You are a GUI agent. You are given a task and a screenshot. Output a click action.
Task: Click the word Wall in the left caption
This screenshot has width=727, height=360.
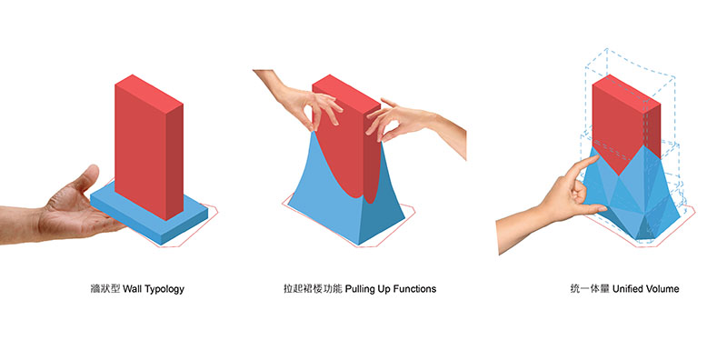pyautogui.click(x=132, y=289)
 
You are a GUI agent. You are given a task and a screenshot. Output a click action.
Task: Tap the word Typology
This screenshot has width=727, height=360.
pyautogui.click(x=164, y=289)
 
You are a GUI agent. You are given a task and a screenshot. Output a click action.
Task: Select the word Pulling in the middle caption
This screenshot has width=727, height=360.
pyautogui.click(x=361, y=289)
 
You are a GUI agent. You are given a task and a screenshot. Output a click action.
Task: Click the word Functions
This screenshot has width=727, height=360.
pyautogui.click(x=414, y=289)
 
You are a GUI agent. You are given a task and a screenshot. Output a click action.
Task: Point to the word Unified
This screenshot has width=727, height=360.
pyautogui.click(x=629, y=289)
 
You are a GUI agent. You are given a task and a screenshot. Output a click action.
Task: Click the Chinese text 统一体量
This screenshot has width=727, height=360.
pyautogui.click(x=590, y=289)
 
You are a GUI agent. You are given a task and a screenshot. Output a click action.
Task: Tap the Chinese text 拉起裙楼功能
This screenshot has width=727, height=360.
pyautogui.click(x=313, y=289)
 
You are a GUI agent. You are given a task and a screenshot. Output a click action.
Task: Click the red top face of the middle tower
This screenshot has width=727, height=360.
pyautogui.click(x=346, y=95)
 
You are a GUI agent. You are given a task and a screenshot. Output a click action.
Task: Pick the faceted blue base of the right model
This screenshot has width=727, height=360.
pyautogui.click(x=632, y=199)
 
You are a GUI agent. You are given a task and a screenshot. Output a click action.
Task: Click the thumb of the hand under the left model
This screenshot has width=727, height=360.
pyautogui.click(x=85, y=179)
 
